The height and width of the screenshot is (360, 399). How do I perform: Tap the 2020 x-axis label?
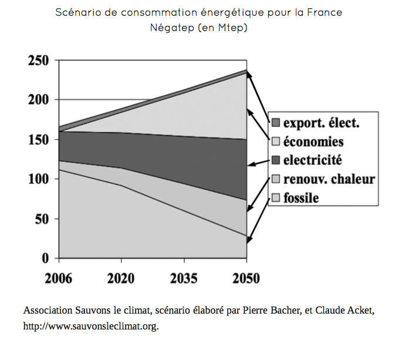(x=121, y=277)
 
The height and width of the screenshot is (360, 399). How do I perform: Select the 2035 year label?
(x=184, y=277)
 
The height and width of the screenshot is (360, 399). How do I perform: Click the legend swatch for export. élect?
(x=275, y=123)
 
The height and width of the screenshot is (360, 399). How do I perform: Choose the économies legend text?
(x=313, y=142)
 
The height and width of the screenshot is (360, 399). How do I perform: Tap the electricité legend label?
(x=312, y=160)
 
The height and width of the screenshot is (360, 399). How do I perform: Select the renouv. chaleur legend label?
(x=329, y=179)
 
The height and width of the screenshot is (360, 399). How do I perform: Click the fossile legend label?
(x=301, y=197)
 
